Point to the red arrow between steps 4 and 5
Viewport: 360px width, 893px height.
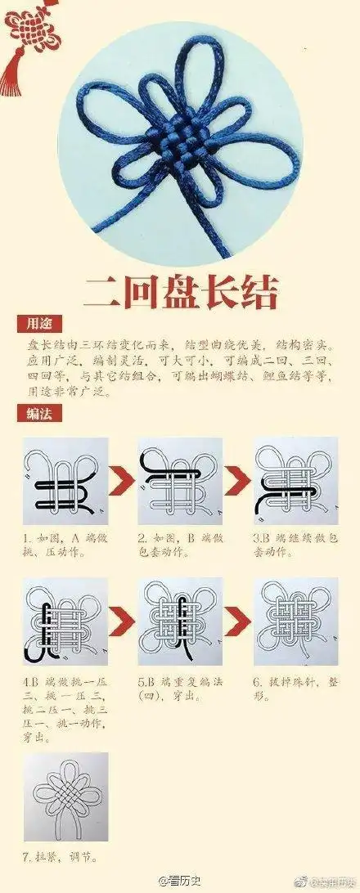[122, 623]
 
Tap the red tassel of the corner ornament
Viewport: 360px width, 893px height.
[12, 71]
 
